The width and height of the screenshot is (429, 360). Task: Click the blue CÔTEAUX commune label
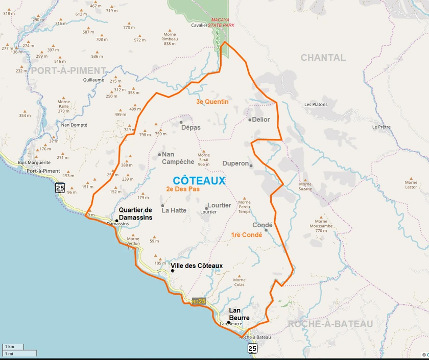(199, 181)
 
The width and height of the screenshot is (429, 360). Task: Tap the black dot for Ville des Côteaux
(173, 271)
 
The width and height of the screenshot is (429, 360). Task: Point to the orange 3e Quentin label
(212, 102)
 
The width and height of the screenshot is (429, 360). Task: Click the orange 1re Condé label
(246, 235)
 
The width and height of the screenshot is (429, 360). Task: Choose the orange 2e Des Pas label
(183, 189)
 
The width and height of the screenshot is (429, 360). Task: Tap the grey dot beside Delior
(250, 120)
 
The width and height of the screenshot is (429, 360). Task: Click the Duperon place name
(235, 164)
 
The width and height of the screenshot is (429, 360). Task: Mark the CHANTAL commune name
(323, 58)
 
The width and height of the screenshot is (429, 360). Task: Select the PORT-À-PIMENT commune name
(68, 70)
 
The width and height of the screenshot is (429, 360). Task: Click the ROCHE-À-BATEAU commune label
(330, 324)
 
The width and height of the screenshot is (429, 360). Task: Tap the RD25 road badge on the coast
(199, 301)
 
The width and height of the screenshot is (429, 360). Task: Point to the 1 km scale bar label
(10, 347)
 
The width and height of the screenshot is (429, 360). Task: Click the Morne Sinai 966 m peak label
(204, 159)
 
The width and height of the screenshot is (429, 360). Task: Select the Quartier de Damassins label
(135, 214)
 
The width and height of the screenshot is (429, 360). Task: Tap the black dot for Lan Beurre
(229, 322)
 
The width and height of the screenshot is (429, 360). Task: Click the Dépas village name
(191, 127)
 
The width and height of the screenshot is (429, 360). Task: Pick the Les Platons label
(316, 105)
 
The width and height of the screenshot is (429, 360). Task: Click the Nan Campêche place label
(178, 158)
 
